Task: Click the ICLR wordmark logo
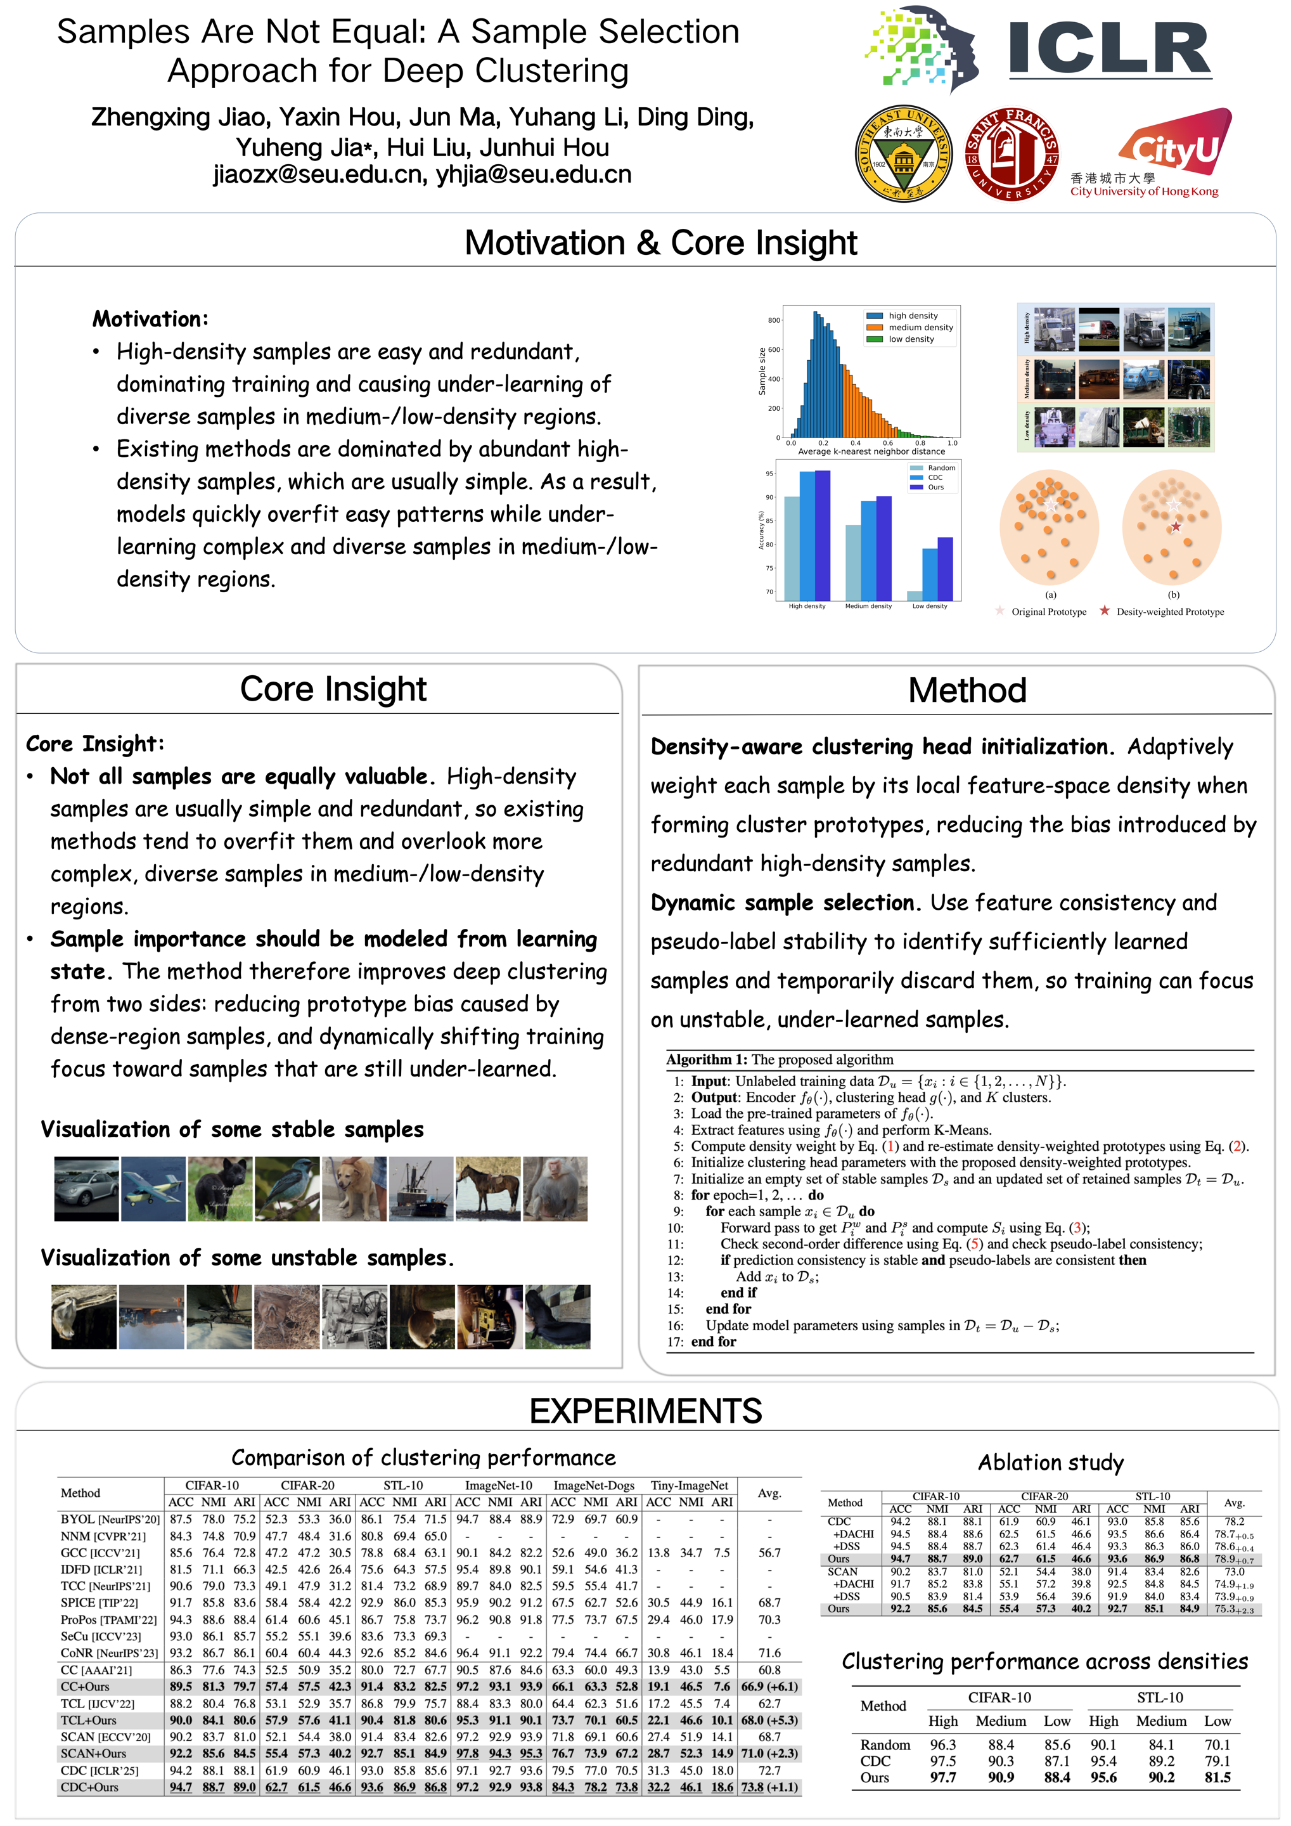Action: (x=1109, y=49)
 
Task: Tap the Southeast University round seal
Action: (x=904, y=153)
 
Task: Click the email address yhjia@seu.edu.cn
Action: (x=534, y=175)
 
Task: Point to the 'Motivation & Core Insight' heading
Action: (x=660, y=243)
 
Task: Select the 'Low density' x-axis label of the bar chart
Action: (x=929, y=606)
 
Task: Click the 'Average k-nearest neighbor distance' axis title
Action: (x=871, y=451)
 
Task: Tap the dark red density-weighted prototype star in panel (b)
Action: (x=1176, y=526)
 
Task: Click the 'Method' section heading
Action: (x=967, y=690)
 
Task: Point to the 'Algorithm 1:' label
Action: (x=707, y=1060)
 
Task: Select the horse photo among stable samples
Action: (x=488, y=1188)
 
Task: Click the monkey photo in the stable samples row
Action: (x=556, y=1188)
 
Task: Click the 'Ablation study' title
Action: (x=1050, y=1463)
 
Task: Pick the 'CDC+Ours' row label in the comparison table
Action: (x=90, y=1788)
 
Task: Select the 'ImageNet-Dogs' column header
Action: (x=594, y=1486)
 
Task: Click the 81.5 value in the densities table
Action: (x=1217, y=1777)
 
